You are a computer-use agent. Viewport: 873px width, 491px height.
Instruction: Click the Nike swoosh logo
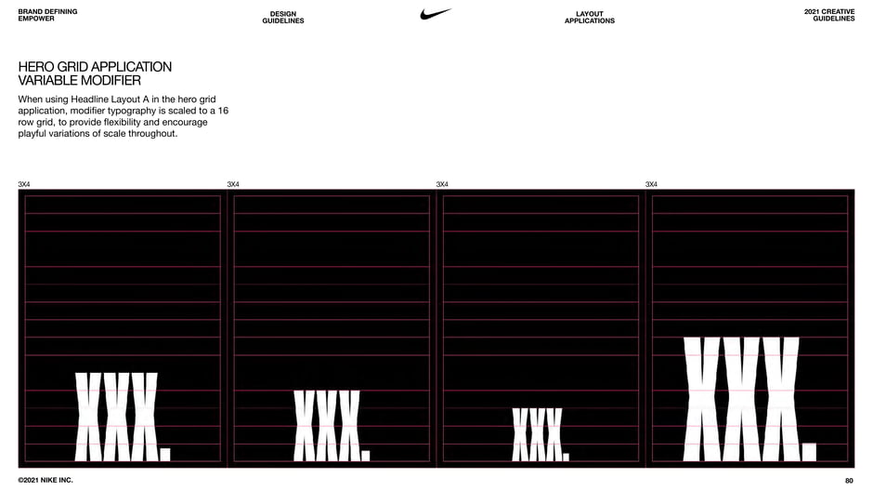436,14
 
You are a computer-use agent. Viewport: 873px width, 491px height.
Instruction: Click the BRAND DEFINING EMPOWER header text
47,15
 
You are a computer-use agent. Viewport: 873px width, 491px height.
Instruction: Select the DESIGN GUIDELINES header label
283,18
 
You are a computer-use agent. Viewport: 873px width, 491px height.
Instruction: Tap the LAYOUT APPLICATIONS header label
590,18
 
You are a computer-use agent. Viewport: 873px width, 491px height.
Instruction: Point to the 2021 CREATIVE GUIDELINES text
829,15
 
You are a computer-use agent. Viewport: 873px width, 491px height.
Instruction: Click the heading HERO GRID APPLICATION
95,67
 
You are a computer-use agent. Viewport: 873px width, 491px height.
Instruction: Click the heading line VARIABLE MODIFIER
79,81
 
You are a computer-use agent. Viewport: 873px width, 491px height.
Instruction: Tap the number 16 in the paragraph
223,111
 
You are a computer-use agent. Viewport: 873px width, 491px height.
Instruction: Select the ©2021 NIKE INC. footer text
46,480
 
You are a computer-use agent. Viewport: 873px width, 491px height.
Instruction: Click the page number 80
849,481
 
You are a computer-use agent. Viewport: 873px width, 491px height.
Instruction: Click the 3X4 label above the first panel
24,184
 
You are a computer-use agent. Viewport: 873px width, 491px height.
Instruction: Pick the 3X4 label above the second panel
233,184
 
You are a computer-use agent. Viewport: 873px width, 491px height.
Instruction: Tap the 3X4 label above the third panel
442,184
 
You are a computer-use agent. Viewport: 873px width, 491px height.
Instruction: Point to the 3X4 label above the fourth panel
651,184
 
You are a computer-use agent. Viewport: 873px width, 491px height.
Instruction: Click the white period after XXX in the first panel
164,454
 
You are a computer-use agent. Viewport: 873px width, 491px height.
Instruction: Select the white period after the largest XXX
810,452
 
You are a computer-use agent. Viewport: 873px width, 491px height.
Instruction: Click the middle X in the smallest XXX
538,434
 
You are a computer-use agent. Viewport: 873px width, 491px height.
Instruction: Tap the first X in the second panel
305,426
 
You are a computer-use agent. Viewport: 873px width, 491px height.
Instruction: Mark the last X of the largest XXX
781,399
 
